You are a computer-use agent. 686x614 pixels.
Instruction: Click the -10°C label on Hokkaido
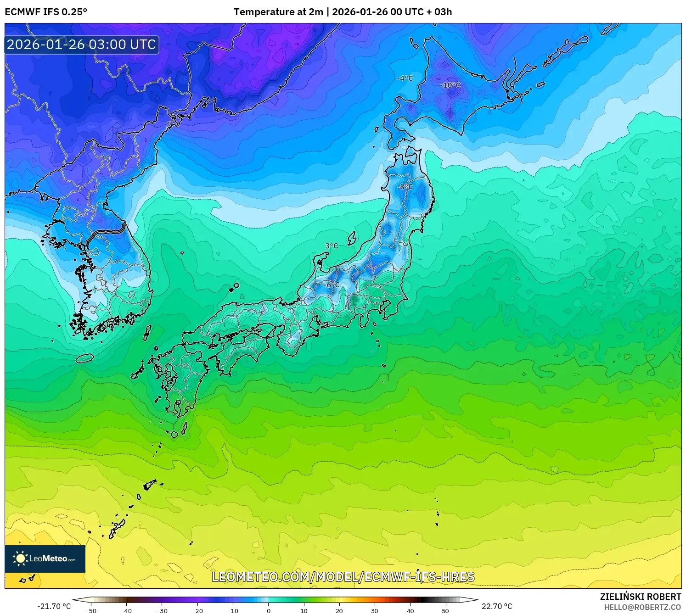pyautogui.click(x=450, y=85)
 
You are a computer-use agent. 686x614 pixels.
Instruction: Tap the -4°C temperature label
pyautogui.click(x=405, y=78)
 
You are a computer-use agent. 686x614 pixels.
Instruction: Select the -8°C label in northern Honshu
pyautogui.click(x=405, y=187)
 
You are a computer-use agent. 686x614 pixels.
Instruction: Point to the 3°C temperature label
pyautogui.click(x=332, y=246)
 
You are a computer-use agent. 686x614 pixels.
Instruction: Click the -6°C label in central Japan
pyautogui.click(x=332, y=285)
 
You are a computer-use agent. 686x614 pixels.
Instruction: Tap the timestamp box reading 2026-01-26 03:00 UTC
pyautogui.click(x=82, y=45)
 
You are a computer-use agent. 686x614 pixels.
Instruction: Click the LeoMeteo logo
pyautogui.click(x=45, y=558)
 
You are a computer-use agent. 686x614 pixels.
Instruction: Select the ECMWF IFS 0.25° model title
pyautogui.click(x=46, y=12)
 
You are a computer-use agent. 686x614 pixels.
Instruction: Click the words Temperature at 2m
pyautogui.click(x=278, y=12)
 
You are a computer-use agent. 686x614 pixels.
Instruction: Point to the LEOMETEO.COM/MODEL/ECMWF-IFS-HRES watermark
pyautogui.click(x=343, y=577)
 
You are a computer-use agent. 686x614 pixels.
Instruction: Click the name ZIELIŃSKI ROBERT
pyautogui.click(x=641, y=597)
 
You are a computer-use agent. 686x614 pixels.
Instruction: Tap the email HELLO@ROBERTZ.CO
pyautogui.click(x=642, y=607)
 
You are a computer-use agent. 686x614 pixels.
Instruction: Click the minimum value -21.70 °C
pyautogui.click(x=54, y=606)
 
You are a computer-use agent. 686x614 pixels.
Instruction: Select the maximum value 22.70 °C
pyautogui.click(x=497, y=606)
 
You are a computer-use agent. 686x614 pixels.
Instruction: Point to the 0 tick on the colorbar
pyautogui.click(x=269, y=610)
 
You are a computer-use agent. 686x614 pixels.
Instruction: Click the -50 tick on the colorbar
pyautogui.click(x=91, y=610)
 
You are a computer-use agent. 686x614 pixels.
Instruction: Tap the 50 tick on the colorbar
pyautogui.click(x=445, y=610)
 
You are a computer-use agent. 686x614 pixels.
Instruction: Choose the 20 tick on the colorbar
pyautogui.click(x=339, y=610)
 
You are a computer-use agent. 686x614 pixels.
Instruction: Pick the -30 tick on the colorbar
pyautogui.click(x=162, y=610)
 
